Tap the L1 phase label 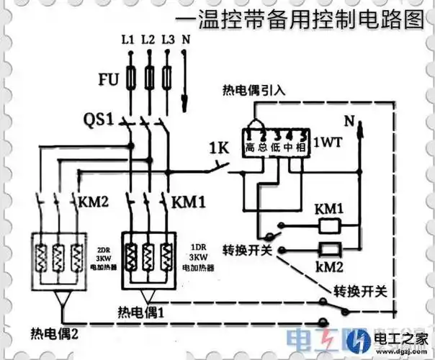pos(128,40)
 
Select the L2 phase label pos(149,40)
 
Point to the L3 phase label pos(169,40)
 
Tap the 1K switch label pos(218,150)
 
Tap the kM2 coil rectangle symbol pos(330,251)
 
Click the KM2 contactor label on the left pos(92,199)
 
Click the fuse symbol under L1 pos(130,76)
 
